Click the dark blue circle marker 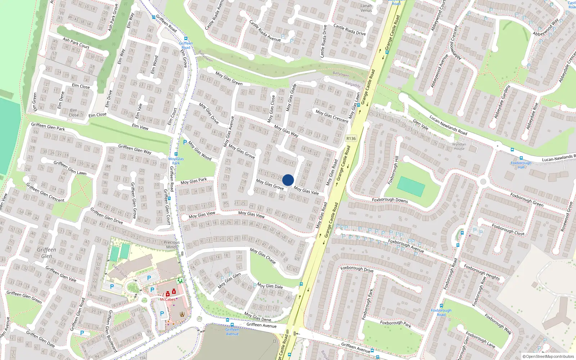click(288, 180)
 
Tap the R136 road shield click(351, 139)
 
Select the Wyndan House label click(459, 147)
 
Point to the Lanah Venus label click(366, 8)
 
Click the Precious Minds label click(172, 244)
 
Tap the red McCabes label click(168, 300)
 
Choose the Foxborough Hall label click(521, 165)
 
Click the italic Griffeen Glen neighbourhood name click(46, 253)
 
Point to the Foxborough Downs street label click(390, 200)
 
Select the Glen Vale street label click(420, 125)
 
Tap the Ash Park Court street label click(76, 43)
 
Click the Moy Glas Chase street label click(263, 255)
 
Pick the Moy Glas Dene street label click(257, 316)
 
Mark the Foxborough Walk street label click(498, 324)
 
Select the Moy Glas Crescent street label click(332, 116)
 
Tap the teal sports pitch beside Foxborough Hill click(411, 187)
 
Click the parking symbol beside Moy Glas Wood click(185, 143)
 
